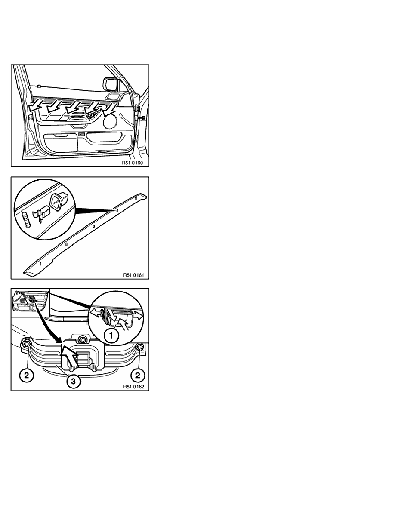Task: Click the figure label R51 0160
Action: coord(133,163)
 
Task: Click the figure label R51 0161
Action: coord(133,275)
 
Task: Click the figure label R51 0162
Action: coord(133,387)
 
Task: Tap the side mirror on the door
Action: coord(110,83)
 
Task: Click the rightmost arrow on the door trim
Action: coord(111,109)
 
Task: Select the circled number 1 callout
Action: coord(111,335)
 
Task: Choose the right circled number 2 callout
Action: coord(138,376)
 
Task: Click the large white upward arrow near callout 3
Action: coord(70,356)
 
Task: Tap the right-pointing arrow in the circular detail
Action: coord(138,314)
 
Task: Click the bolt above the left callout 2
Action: coord(26,343)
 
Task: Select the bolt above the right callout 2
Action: coord(140,347)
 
